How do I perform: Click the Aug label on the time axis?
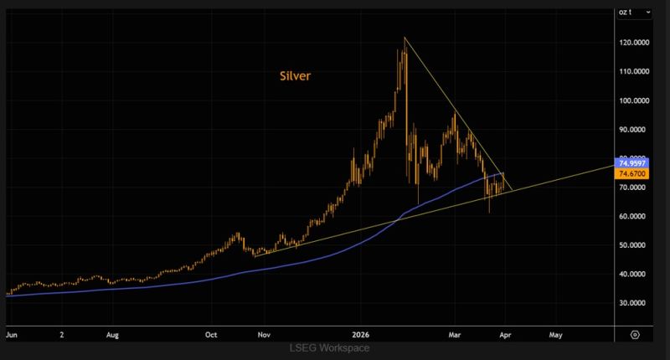coord(113,333)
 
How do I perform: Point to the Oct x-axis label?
coord(212,333)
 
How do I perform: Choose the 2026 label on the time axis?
coord(361,333)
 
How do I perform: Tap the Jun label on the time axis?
coord(11,333)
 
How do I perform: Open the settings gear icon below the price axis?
coord(635,333)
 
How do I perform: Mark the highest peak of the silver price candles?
coord(405,39)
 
